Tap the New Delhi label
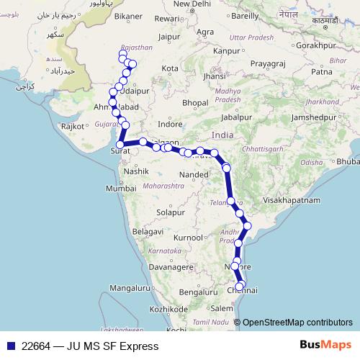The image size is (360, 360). (191, 4)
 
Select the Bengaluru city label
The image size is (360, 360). (197, 292)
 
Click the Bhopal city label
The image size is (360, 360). (194, 103)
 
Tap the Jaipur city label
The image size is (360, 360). (169, 36)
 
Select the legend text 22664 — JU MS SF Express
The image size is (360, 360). (90, 346)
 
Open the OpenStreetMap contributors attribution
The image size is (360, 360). (297, 323)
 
